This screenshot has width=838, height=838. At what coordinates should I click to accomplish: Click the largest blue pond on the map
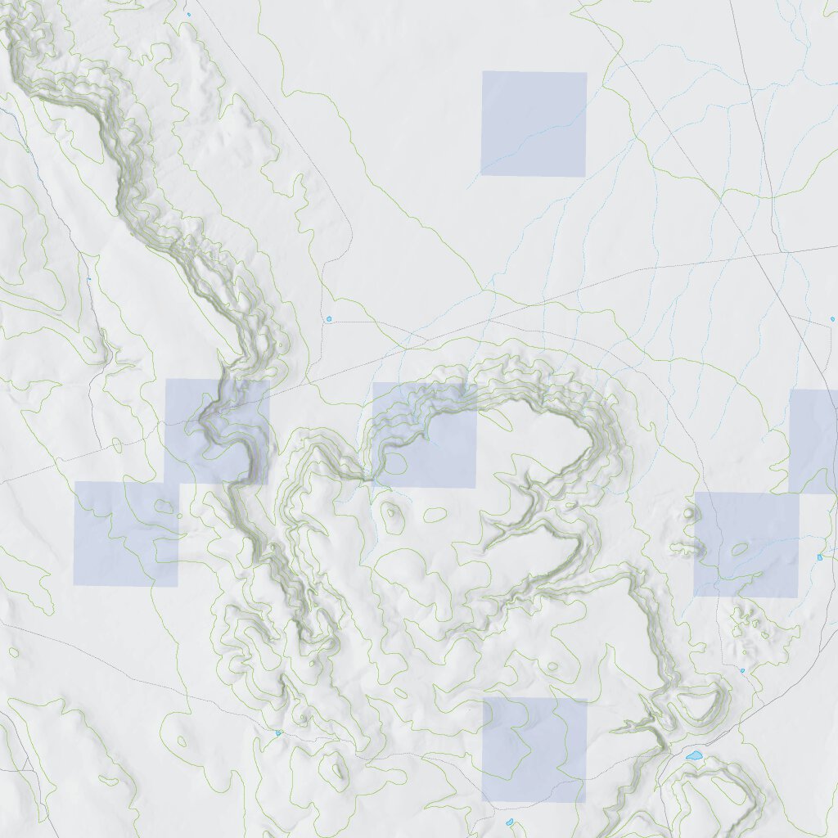pos(695,755)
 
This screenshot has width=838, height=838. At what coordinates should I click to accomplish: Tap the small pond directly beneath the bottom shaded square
pos(509,822)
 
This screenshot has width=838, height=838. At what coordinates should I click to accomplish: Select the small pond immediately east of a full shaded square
pos(819,557)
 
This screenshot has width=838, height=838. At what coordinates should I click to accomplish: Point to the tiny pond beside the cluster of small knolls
pos(742,670)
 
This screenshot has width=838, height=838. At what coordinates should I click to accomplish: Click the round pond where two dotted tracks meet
pos(329,318)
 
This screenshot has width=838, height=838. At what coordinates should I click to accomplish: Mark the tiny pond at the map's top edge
pos(188,14)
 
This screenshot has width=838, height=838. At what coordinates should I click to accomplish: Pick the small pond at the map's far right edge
pos(832,318)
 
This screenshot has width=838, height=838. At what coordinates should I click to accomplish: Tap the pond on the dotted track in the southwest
pos(278,732)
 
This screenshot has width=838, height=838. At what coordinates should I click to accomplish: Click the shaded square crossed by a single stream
pos(534,124)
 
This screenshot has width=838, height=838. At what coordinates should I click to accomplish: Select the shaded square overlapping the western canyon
pos(217,431)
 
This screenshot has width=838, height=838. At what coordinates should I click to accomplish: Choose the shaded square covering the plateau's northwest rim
pos(424,435)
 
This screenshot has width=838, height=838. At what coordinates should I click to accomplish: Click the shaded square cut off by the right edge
pos(814,441)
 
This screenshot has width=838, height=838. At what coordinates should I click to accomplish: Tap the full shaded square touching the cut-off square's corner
pos(746,544)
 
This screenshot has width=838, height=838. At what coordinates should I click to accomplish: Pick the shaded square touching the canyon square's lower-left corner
pos(125,534)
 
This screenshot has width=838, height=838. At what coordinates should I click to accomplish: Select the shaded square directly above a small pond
pos(534,750)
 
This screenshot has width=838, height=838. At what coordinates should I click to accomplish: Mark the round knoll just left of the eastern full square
pos(688,513)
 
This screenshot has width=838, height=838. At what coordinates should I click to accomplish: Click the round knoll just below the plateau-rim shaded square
pos(392,512)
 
